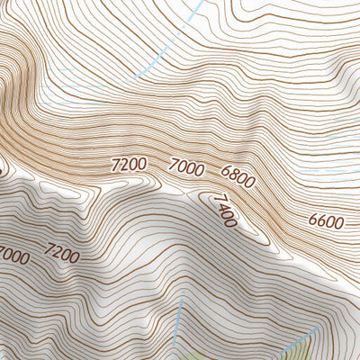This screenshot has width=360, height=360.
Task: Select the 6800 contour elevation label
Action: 238,176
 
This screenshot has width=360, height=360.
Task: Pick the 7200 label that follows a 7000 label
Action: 61,253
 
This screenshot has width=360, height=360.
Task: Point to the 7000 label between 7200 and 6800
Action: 186,166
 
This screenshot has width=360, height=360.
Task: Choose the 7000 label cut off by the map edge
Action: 13,255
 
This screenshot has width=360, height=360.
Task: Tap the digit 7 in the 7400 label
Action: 215,199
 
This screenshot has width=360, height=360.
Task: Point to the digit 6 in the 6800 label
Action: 225,170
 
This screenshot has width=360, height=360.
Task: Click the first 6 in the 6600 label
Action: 311,221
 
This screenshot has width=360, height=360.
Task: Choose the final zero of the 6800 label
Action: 250,182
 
